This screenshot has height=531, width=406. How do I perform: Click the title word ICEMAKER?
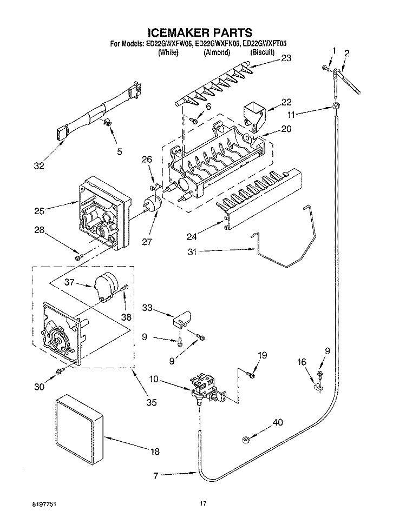[179, 32]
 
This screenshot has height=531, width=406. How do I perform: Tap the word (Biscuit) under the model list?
[263, 52]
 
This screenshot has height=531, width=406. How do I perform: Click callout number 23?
[286, 58]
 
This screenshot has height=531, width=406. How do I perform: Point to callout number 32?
[39, 165]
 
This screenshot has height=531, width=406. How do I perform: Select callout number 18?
[155, 452]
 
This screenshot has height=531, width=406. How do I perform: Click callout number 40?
[278, 422]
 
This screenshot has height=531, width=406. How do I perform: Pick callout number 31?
[192, 252]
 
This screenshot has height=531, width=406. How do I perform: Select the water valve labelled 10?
[207, 389]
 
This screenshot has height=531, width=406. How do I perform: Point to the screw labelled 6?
[193, 120]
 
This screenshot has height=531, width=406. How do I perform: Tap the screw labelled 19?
[251, 374]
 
